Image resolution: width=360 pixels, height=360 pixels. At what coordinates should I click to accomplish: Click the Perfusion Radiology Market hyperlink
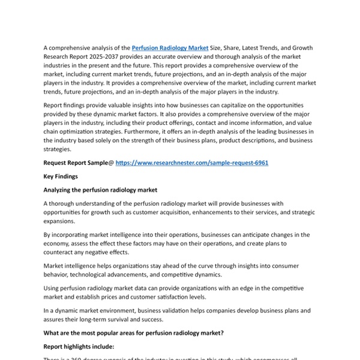click(170, 47)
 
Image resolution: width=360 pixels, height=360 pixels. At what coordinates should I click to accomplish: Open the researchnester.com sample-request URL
click(191, 163)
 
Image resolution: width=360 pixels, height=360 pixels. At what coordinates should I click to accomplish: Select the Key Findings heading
click(62, 176)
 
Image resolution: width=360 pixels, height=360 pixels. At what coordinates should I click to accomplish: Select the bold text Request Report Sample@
click(77, 163)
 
